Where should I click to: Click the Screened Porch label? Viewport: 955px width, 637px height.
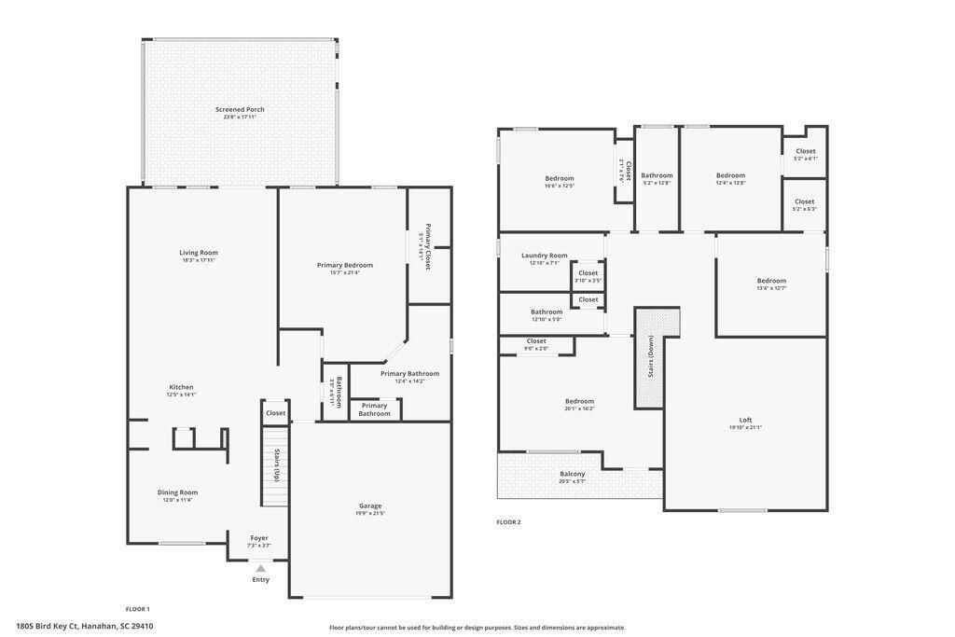[240, 109]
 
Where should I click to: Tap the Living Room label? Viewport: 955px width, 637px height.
[199, 252]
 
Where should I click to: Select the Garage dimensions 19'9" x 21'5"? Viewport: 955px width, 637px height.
[370, 514]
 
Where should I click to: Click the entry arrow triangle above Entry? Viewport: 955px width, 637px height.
[260, 568]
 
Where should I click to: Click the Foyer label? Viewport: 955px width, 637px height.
[259, 537]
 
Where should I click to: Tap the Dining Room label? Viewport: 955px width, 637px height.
[176, 492]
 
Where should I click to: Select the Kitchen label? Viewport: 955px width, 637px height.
[181, 387]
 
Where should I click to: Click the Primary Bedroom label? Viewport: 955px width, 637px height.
[345, 265]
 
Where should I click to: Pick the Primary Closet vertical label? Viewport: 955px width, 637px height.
[428, 247]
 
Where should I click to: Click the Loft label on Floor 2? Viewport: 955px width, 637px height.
[745, 420]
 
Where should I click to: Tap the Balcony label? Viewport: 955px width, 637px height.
[573, 474]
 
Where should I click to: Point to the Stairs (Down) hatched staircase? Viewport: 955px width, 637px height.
[650, 358]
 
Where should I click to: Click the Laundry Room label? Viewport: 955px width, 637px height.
[544, 255]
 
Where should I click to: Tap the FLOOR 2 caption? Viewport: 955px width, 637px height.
[508, 522]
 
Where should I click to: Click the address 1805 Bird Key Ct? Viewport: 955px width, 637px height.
[85, 626]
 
